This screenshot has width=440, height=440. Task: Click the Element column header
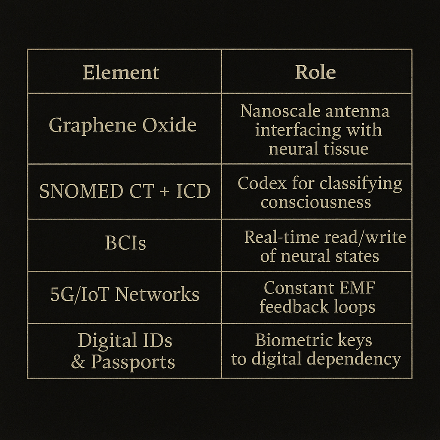(x=121, y=72)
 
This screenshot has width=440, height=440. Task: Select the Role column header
(x=315, y=72)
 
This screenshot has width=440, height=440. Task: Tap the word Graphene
(x=89, y=125)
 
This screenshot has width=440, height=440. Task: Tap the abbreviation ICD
(x=193, y=191)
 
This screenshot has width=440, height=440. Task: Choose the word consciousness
(x=316, y=202)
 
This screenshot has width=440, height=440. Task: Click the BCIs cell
(x=125, y=243)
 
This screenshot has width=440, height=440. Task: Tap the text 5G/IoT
(x=80, y=295)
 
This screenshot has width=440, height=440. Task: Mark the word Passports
(x=133, y=362)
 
